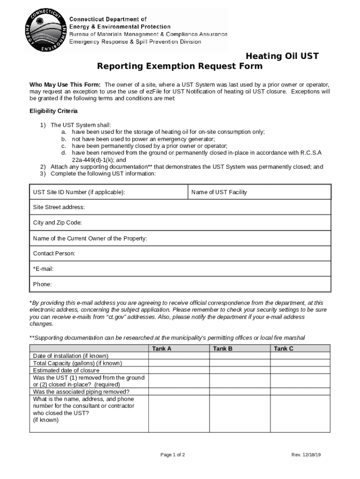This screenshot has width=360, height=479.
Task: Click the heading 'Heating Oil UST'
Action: point(282,56)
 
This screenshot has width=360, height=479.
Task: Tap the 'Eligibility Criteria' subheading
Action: point(54,111)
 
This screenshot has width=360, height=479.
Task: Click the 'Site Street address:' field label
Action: point(59,207)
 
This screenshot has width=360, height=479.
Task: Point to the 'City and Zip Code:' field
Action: point(58,223)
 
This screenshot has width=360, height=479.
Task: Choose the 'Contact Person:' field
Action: point(54,254)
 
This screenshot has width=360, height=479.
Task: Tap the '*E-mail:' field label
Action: point(43,269)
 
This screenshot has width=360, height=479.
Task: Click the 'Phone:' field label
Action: point(43,284)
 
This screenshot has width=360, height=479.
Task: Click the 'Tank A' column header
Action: point(162,348)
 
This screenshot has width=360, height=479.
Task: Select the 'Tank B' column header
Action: point(223,348)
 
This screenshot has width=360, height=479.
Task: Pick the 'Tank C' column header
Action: point(283,348)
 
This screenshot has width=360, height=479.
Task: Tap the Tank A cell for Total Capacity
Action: point(179,363)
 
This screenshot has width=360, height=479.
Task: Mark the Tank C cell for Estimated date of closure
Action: point(300,370)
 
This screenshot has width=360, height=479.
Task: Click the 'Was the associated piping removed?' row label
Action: point(81,392)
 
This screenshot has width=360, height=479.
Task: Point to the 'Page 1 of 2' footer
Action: point(173,455)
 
